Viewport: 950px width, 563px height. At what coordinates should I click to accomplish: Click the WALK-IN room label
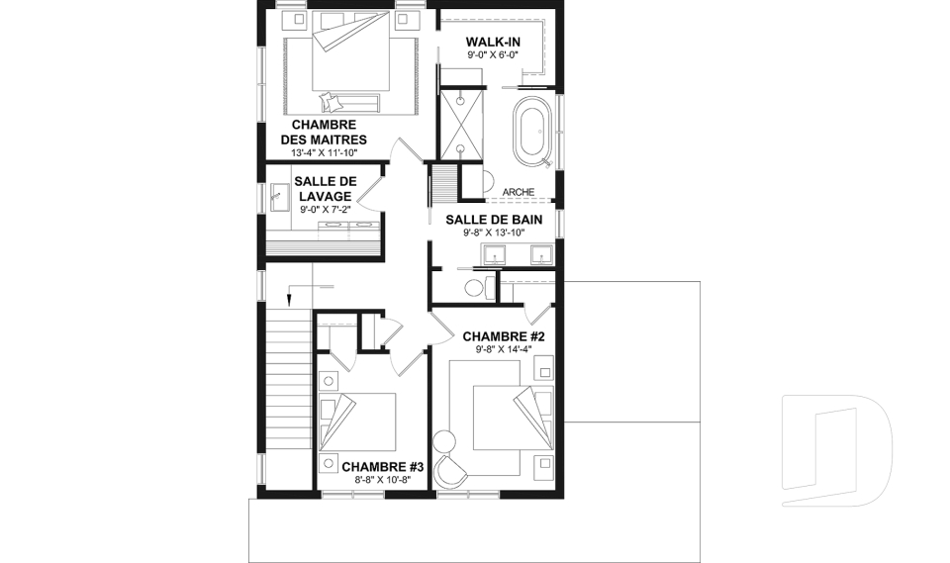tap(493, 42)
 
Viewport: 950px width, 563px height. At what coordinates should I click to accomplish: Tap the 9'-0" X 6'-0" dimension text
tap(493, 55)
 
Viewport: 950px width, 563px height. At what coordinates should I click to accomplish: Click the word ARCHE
tap(519, 192)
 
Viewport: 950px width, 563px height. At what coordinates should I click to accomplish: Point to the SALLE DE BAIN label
tap(494, 220)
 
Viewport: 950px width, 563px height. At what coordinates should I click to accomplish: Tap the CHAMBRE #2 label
tap(504, 336)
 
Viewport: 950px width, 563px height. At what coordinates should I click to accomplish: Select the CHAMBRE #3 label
tap(382, 467)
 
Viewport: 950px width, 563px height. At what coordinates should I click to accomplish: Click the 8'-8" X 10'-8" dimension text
tap(382, 480)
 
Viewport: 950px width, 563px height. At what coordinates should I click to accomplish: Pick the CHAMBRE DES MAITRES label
tap(324, 133)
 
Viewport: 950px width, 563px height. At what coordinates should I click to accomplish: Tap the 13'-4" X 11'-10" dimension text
tap(324, 152)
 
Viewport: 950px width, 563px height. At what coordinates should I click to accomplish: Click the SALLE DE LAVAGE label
tap(325, 188)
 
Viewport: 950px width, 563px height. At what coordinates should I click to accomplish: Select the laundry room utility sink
tap(279, 198)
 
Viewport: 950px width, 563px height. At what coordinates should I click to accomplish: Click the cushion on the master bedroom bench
tap(328, 100)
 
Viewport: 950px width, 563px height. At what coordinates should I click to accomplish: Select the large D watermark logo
tap(837, 450)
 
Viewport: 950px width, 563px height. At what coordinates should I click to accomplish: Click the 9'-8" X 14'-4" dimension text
tap(504, 349)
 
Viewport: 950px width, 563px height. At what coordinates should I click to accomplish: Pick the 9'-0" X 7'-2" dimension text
tap(325, 210)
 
